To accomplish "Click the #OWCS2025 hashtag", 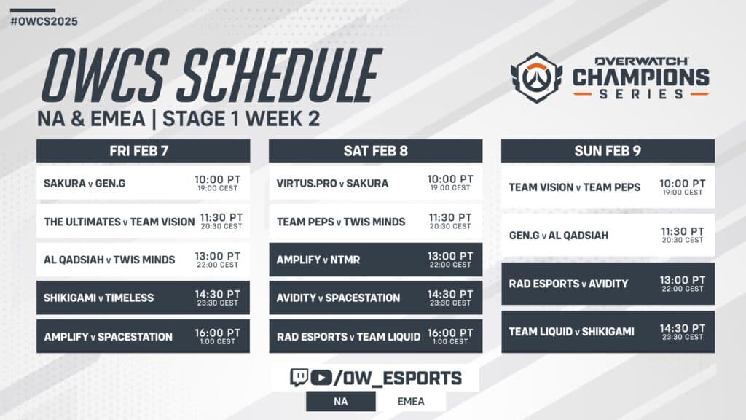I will (x=44, y=20).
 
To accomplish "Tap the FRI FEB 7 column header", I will (x=143, y=151).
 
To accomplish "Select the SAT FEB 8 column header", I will (x=375, y=151).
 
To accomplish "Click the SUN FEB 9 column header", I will (x=608, y=151).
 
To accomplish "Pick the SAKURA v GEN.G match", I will (x=85, y=183).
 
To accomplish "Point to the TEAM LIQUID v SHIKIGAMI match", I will (x=571, y=332).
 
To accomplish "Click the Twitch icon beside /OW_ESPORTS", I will (x=299, y=378).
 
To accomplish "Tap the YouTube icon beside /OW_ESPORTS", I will (x=320, y=378).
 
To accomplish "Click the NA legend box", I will (x=340, y=400).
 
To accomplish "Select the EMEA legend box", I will (x=411, y=400).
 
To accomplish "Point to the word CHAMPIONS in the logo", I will (x=640, y=76).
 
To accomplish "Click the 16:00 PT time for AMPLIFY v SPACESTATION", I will (x=217, y=332).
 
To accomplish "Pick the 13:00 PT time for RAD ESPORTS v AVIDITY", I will (x=682, y=280).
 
